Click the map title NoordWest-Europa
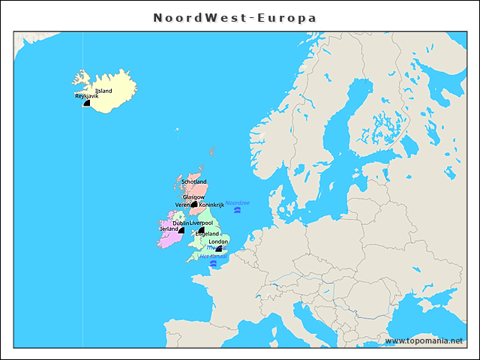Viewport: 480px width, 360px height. point(235,17)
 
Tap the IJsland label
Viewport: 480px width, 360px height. point(103,91)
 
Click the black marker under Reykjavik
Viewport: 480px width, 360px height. point(86,103)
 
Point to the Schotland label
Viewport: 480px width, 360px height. point(193,181)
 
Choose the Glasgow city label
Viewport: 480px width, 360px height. point(193,196)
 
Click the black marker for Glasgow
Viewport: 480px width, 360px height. point(194,204)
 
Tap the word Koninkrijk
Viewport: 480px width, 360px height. point(211,205)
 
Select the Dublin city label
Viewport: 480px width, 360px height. point(180,223)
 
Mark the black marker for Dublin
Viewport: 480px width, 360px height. point(181,230)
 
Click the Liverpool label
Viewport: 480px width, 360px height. point(201,223)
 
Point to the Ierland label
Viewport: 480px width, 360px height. point(168,229)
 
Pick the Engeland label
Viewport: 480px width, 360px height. point(207,234)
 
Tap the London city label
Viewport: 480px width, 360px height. point(218,241)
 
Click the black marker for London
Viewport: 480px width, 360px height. point(218,249)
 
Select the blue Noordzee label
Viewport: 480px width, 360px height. point(238,203)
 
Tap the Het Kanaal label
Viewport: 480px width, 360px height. point(213,256)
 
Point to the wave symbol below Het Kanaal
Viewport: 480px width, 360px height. point(213,263)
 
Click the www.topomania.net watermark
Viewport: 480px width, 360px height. point(424,340)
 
